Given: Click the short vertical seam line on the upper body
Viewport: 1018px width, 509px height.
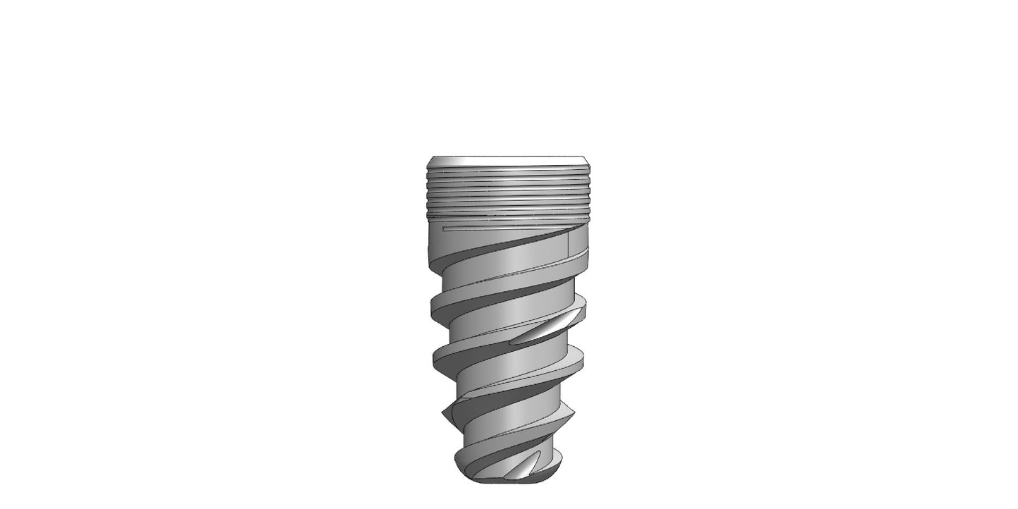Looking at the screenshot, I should (x=568, y=244).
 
